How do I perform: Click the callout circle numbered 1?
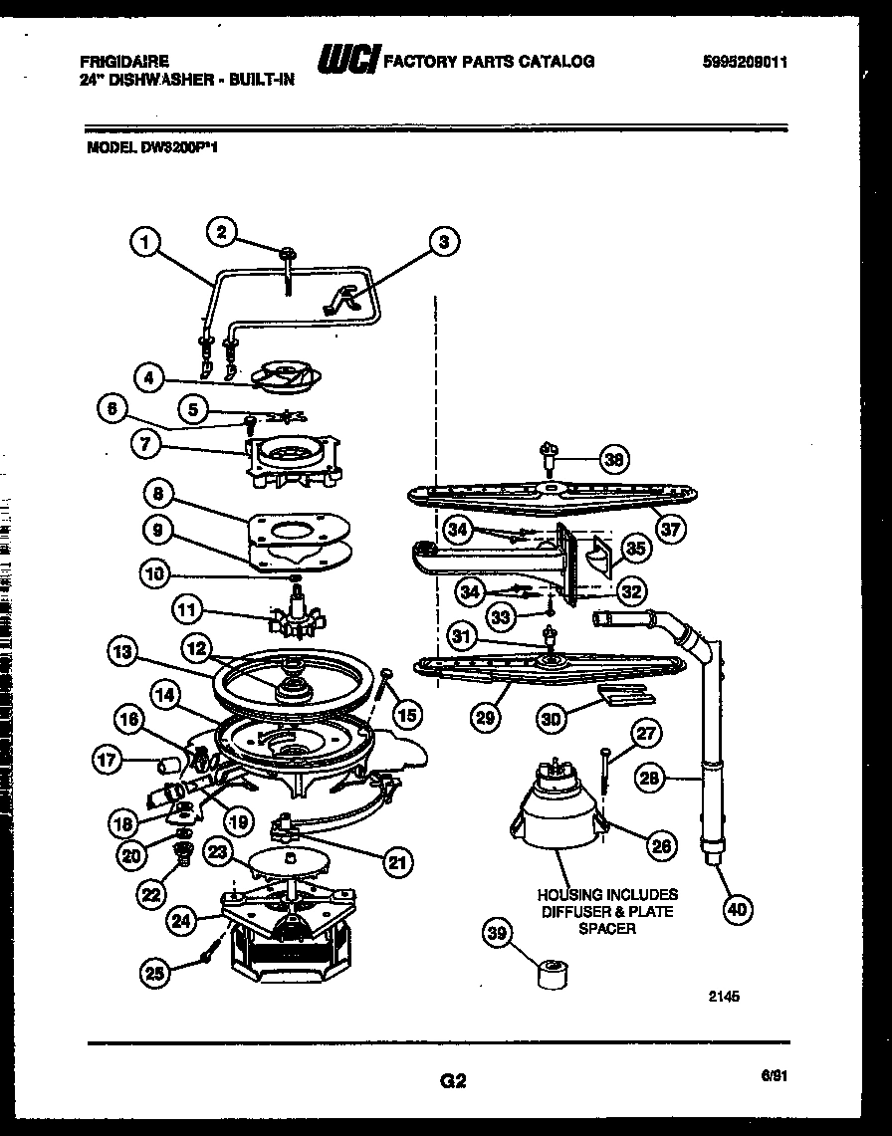click(x=145, y=241)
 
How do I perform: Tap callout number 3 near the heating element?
click(x=444, y=241)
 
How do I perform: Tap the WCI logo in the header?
click(x=346, y=62)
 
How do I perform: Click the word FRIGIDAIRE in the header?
click(x=124, y=61)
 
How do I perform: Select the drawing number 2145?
click(x=726, y=993)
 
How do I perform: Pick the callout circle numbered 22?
click(x=150, y=894)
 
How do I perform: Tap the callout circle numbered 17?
click(x=107, y=762)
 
